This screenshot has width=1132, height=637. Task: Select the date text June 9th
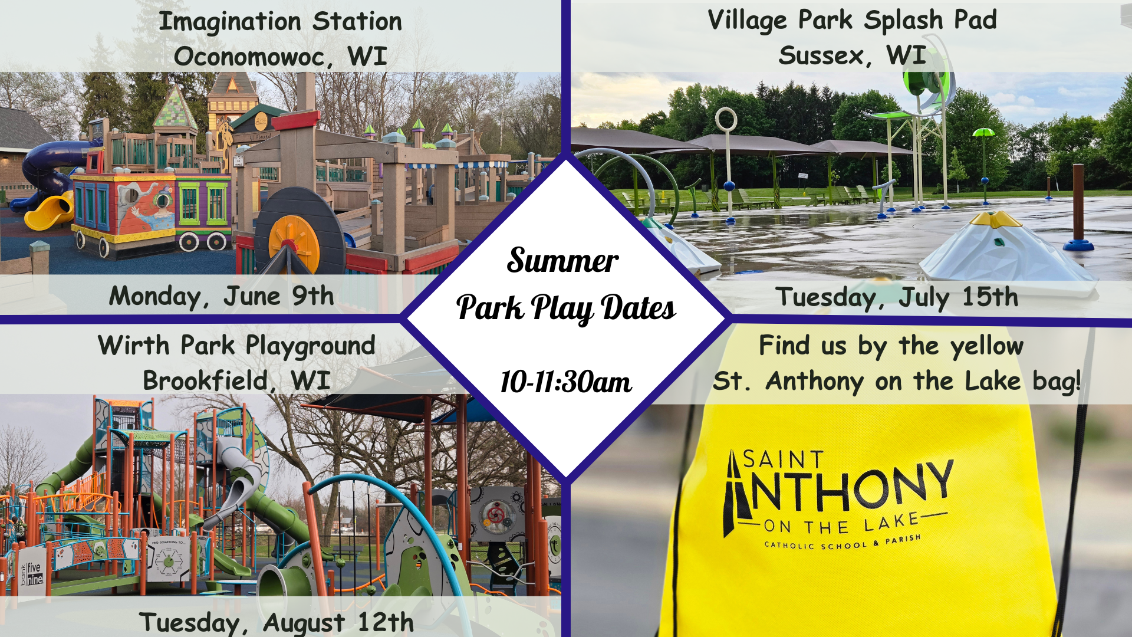click(x=279, y=295)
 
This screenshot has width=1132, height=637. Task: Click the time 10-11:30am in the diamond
click(x=566, y=382)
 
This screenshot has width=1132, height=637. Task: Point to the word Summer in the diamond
click(x=563, y=260)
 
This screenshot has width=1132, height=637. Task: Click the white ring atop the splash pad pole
click(x=726, y=120)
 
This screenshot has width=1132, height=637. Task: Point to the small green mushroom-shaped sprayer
click(x=983, y=132)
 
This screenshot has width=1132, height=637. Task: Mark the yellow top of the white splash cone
click(x=995, y=219)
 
